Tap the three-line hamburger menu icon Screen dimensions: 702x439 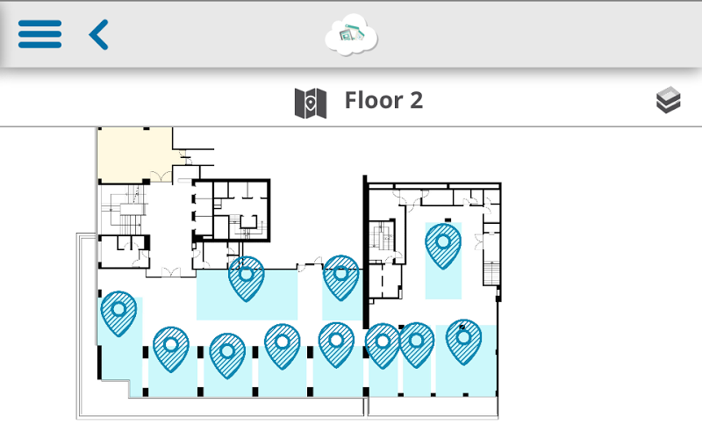click(x=39, y=34)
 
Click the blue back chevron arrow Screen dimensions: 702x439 click(x=99, y=34)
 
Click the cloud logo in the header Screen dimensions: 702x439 click(x=352, y=35)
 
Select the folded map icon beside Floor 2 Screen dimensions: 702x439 click(x=311, y=103)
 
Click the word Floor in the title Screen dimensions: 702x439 click(x=374, y=100)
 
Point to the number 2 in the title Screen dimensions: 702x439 click(x=416, y=100)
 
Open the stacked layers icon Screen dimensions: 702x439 click(x=669, y=100)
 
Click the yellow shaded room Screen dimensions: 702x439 click(x=134, y=155)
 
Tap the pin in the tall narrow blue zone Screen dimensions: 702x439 click(x=443, y=246)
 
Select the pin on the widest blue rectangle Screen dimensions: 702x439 click(x=247, y=278)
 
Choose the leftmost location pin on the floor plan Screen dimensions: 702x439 click(x=118, y=313)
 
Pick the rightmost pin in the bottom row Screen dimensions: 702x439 click(x=464, y=342)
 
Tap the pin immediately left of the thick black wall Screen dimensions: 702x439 click(x=340, y=277)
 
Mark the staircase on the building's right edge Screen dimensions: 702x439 click(x=491, y=273)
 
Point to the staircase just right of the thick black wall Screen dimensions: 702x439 click(x=382, y=235)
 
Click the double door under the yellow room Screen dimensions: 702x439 click(x=161, y=176)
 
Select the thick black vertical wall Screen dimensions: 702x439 click(x=365, y=252)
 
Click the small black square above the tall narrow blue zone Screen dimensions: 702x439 click(x=448, y=220)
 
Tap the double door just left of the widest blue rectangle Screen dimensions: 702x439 click(x=171, y=272)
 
